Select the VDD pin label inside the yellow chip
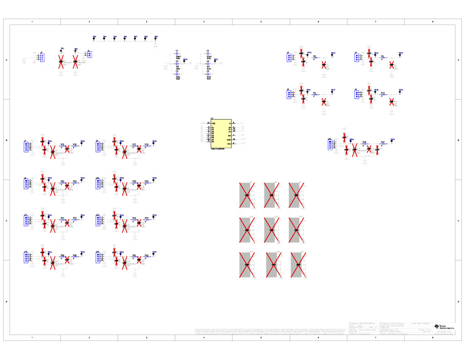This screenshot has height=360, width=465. tap(213, 123)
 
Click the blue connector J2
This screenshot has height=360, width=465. tap(42, 57)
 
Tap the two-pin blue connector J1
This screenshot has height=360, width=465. tap(89, 55)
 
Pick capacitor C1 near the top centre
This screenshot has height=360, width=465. tap(178, 54)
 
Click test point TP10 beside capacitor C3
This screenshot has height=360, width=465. tap(184, 60)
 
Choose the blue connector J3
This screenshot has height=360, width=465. tap(288, 57)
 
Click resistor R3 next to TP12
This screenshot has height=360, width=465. tap(315, 58)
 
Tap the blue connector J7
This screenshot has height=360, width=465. tap(26, 146)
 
